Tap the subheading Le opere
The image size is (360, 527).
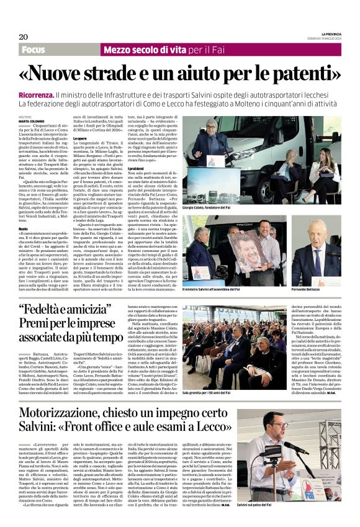click(x=80, y=138)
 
